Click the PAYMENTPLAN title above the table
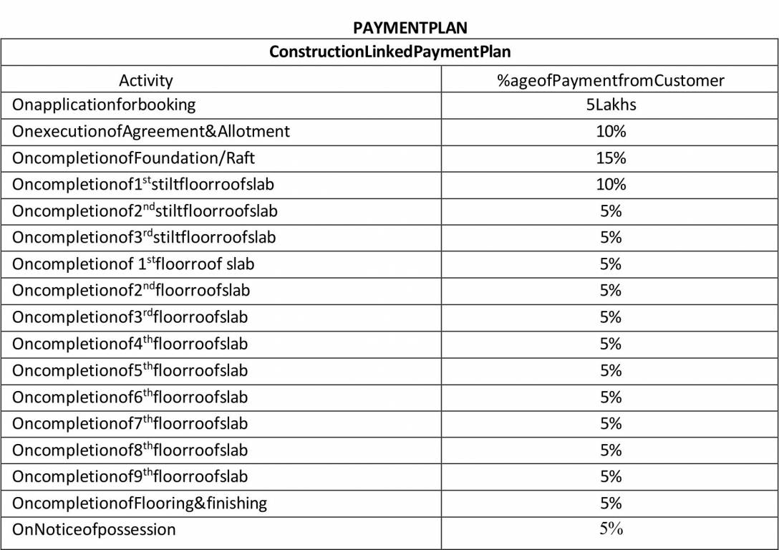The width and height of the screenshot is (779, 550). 410,28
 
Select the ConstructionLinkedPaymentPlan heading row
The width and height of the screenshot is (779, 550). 389,52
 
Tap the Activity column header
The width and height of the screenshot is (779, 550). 145,80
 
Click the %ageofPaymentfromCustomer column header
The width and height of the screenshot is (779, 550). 611,80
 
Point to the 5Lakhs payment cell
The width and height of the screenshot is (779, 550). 611,105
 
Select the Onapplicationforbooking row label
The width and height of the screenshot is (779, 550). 104,105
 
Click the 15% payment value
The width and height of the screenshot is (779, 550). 611,158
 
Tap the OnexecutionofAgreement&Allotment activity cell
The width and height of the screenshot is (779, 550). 151,131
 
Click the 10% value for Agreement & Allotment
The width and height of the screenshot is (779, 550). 611,131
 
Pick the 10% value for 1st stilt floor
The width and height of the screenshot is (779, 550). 611,184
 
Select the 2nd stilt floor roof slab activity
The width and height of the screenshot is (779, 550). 145,211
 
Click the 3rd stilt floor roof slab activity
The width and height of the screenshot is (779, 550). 144,237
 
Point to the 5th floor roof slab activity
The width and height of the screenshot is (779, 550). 130,370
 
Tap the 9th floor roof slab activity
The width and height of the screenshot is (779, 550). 130,476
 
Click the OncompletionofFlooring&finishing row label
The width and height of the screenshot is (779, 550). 140,503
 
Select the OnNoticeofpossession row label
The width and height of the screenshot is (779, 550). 94,530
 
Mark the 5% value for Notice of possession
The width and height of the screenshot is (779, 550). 611,529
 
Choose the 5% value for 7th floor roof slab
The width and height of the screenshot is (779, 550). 611,423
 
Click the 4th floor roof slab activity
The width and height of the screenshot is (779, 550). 130,344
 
